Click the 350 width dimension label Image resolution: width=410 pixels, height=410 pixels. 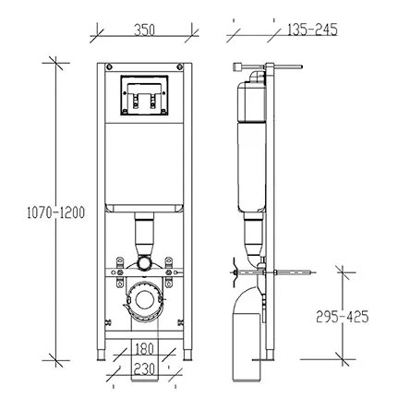pos(144,30)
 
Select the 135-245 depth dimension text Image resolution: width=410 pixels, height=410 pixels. pos(312,30)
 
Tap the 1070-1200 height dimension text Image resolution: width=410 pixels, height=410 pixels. pos(55,212)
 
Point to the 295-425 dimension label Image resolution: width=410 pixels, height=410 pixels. pos(343,317)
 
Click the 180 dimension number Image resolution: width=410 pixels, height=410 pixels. pos(144,349)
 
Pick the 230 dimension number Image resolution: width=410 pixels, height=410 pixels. pos(144,368)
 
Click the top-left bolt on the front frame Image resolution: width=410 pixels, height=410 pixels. pos(109,66)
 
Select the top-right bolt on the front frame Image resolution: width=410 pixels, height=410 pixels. pos(180,66)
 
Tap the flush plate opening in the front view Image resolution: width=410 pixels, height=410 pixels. pos(144,95)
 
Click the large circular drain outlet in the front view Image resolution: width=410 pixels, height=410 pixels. pos(144,300)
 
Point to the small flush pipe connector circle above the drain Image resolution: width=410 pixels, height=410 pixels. pos(144,262)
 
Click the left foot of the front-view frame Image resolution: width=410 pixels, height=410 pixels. pos(101,355)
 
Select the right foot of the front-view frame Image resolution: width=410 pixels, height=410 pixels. pos(187,355)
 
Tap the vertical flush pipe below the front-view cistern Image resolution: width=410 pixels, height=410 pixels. pos(144,234)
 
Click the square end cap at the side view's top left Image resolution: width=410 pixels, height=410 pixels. pos(237,66)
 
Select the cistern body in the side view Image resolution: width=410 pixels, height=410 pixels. pos(251,148)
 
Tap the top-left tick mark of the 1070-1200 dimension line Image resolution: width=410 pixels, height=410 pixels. pos(55,63)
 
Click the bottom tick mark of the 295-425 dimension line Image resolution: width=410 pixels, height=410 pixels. pos(343,359)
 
